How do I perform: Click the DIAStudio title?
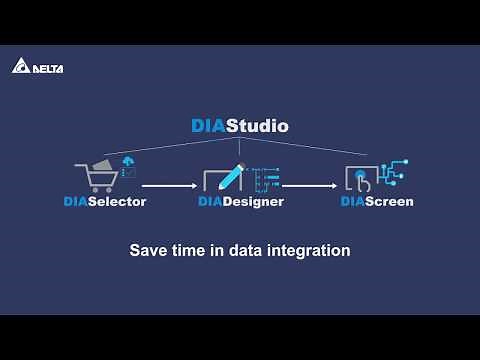point(239,127)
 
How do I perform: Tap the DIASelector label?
point(104,202)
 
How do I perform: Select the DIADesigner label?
point(240,202)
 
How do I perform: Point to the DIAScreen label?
point(376,202)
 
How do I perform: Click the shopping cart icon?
point(97,178)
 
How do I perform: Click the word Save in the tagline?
point(148,250)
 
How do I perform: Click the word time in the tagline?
point(191,250)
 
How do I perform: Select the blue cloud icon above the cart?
point(127,161)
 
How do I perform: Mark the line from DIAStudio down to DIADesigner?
point(240,150)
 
